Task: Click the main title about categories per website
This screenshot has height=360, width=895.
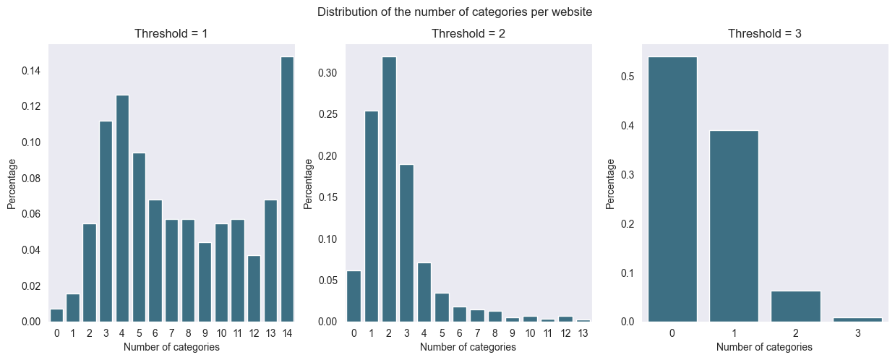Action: point(454,12)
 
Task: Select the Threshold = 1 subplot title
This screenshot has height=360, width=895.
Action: point(171,34)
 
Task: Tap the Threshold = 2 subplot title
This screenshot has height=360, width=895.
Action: point(468,34)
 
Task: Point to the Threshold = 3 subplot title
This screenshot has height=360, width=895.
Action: point(764,34)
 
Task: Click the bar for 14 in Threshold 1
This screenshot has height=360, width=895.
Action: point(287,189)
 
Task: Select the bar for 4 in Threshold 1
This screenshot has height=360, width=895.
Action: point(122,208)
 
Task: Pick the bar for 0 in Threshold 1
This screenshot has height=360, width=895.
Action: point(56,315)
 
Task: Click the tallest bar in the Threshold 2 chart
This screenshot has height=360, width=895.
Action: point(388,189)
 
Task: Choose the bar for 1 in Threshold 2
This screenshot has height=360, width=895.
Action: point(371,216)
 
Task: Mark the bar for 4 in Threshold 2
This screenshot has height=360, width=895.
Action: point(424,292)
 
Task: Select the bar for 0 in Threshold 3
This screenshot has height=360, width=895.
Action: point(672,189)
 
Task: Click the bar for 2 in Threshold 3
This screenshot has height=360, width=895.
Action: point(795,307)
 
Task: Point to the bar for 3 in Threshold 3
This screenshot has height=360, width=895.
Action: point(857,320)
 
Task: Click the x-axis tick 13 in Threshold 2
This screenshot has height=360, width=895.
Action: point(583,333)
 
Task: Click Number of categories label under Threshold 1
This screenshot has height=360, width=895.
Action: point(171,347)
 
